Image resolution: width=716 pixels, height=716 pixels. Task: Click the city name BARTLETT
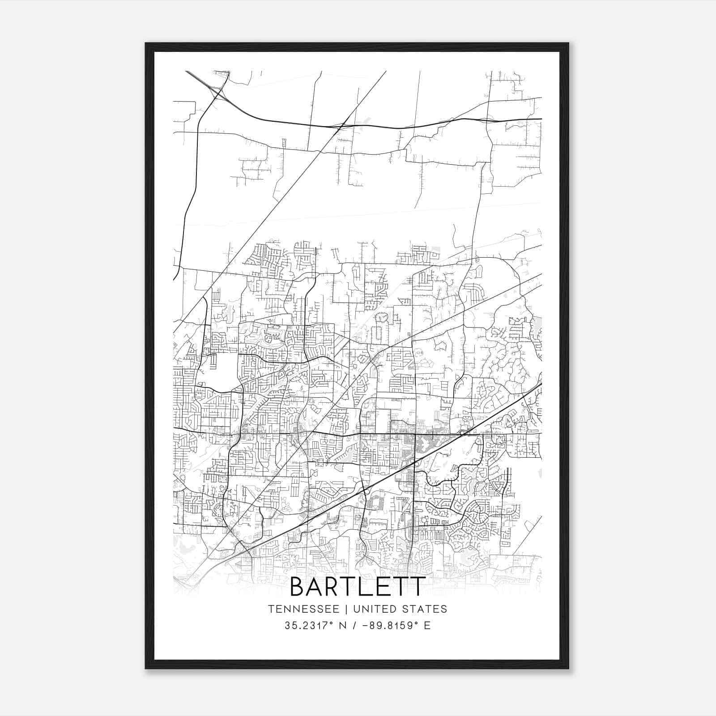pos(357,587)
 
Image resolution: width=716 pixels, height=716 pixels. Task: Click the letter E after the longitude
pos(427,626)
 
